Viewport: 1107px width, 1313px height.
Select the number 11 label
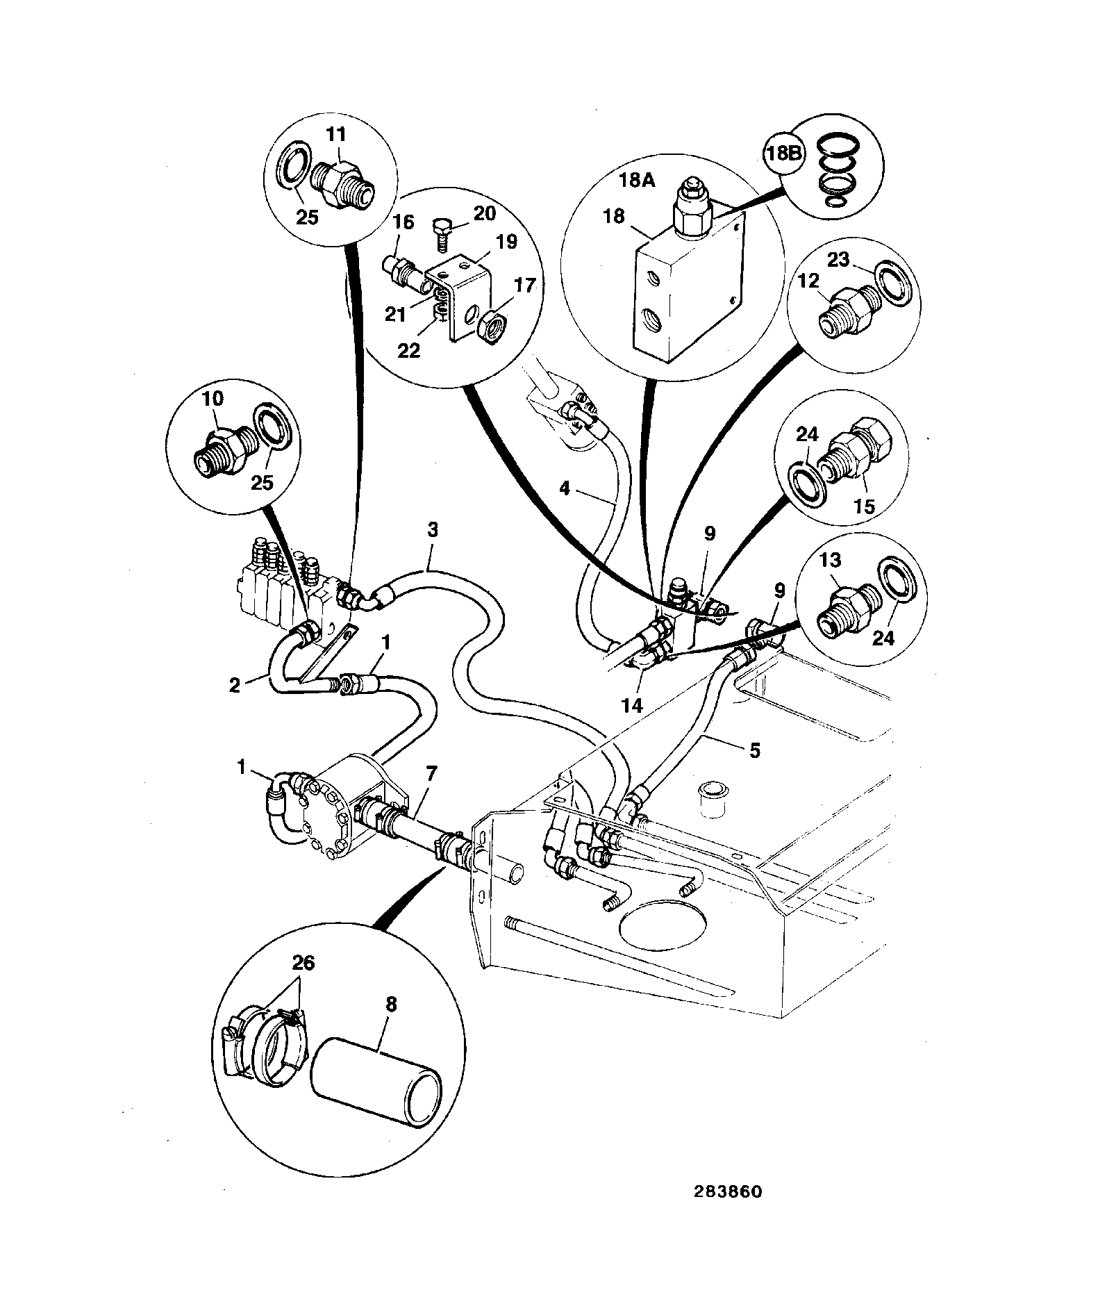coord(335,135)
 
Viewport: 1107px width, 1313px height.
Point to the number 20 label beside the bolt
coord(485,213)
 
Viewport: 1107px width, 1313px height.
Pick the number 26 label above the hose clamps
coord(303,962)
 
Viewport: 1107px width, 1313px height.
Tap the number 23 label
coord(839,259)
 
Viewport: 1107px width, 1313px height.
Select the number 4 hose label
coord(565,489)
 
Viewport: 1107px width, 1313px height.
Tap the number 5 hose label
coord(754,750)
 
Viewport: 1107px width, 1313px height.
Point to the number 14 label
coord(632,706)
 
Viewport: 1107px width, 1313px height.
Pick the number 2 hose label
coord(235,685)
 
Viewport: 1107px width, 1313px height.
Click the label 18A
coord(637,181)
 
